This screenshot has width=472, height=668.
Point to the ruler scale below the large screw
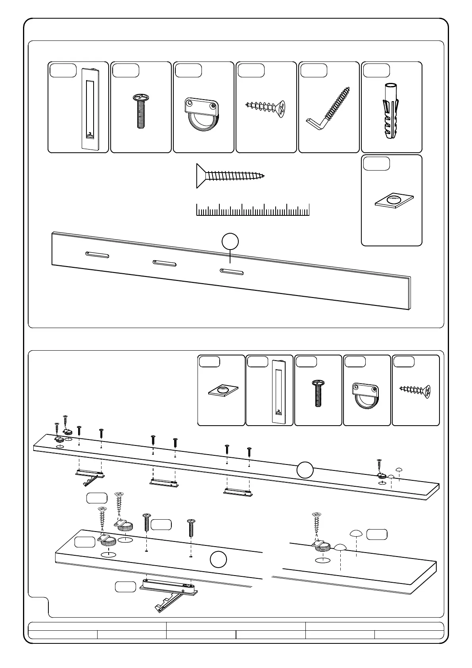click(253, 210)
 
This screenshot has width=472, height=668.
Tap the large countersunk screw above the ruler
click(230, 176)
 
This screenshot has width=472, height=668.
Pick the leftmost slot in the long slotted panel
click(97, 255)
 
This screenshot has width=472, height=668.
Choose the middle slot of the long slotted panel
click(165, 263)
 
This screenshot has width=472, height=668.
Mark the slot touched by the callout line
click(232, 271)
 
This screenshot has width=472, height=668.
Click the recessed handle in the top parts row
click(91, 109)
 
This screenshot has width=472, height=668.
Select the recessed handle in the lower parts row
click(279, 391)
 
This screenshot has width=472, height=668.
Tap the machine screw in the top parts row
click(140, 111)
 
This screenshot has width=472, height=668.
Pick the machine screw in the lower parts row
click(318, 393)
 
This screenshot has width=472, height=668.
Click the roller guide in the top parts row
click(202, 113)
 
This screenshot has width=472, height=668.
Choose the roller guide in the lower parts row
click(365, 395)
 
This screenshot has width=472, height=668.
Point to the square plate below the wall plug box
click(394, 200)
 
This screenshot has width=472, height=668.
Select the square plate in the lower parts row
click(223, 391)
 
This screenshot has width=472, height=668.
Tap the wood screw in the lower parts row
click(415, 391)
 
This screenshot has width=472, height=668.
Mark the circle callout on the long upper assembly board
click(305, 470)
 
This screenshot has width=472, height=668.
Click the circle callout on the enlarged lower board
click(218, 560)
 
